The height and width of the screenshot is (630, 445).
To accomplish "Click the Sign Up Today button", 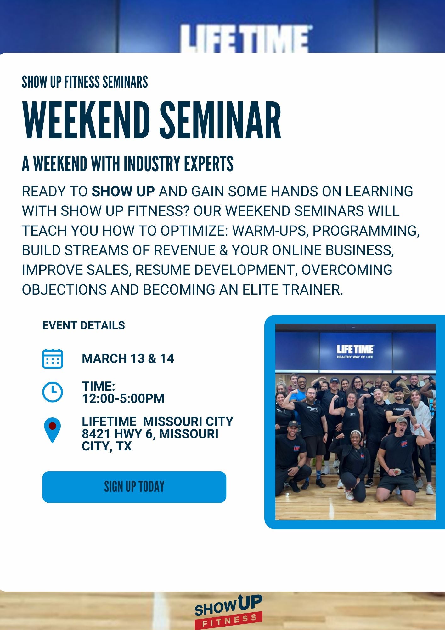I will (x=134, y=487).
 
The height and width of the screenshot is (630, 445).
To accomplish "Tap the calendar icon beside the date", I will (x=53, y=358).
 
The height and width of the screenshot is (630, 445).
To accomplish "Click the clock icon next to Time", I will (x=53, y=392).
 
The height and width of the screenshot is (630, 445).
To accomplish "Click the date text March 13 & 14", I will (x=128, y=359).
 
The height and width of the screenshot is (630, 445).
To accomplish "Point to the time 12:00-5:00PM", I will (x=123, y=398).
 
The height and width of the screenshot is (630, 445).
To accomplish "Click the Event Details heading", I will (x=84, y=325).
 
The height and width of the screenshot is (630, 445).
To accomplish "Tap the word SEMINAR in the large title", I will (x=220, y=121).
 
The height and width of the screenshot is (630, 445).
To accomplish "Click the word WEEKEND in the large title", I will (x=86, y=121).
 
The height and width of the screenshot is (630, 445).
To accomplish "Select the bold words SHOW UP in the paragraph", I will (x=123, y=192).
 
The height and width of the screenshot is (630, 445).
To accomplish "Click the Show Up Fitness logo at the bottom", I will (x=228, y=611).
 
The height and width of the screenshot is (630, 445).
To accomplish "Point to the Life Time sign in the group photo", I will (x=355, y=351).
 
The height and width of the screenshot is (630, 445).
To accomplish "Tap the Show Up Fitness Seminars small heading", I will (x=85, y=82).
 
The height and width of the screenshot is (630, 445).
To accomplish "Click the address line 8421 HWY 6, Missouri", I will (x=150, y=434).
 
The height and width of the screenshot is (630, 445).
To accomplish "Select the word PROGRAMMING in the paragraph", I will (x=366, y=231).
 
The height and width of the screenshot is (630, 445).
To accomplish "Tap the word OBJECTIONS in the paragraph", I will (x=65, y=290).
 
